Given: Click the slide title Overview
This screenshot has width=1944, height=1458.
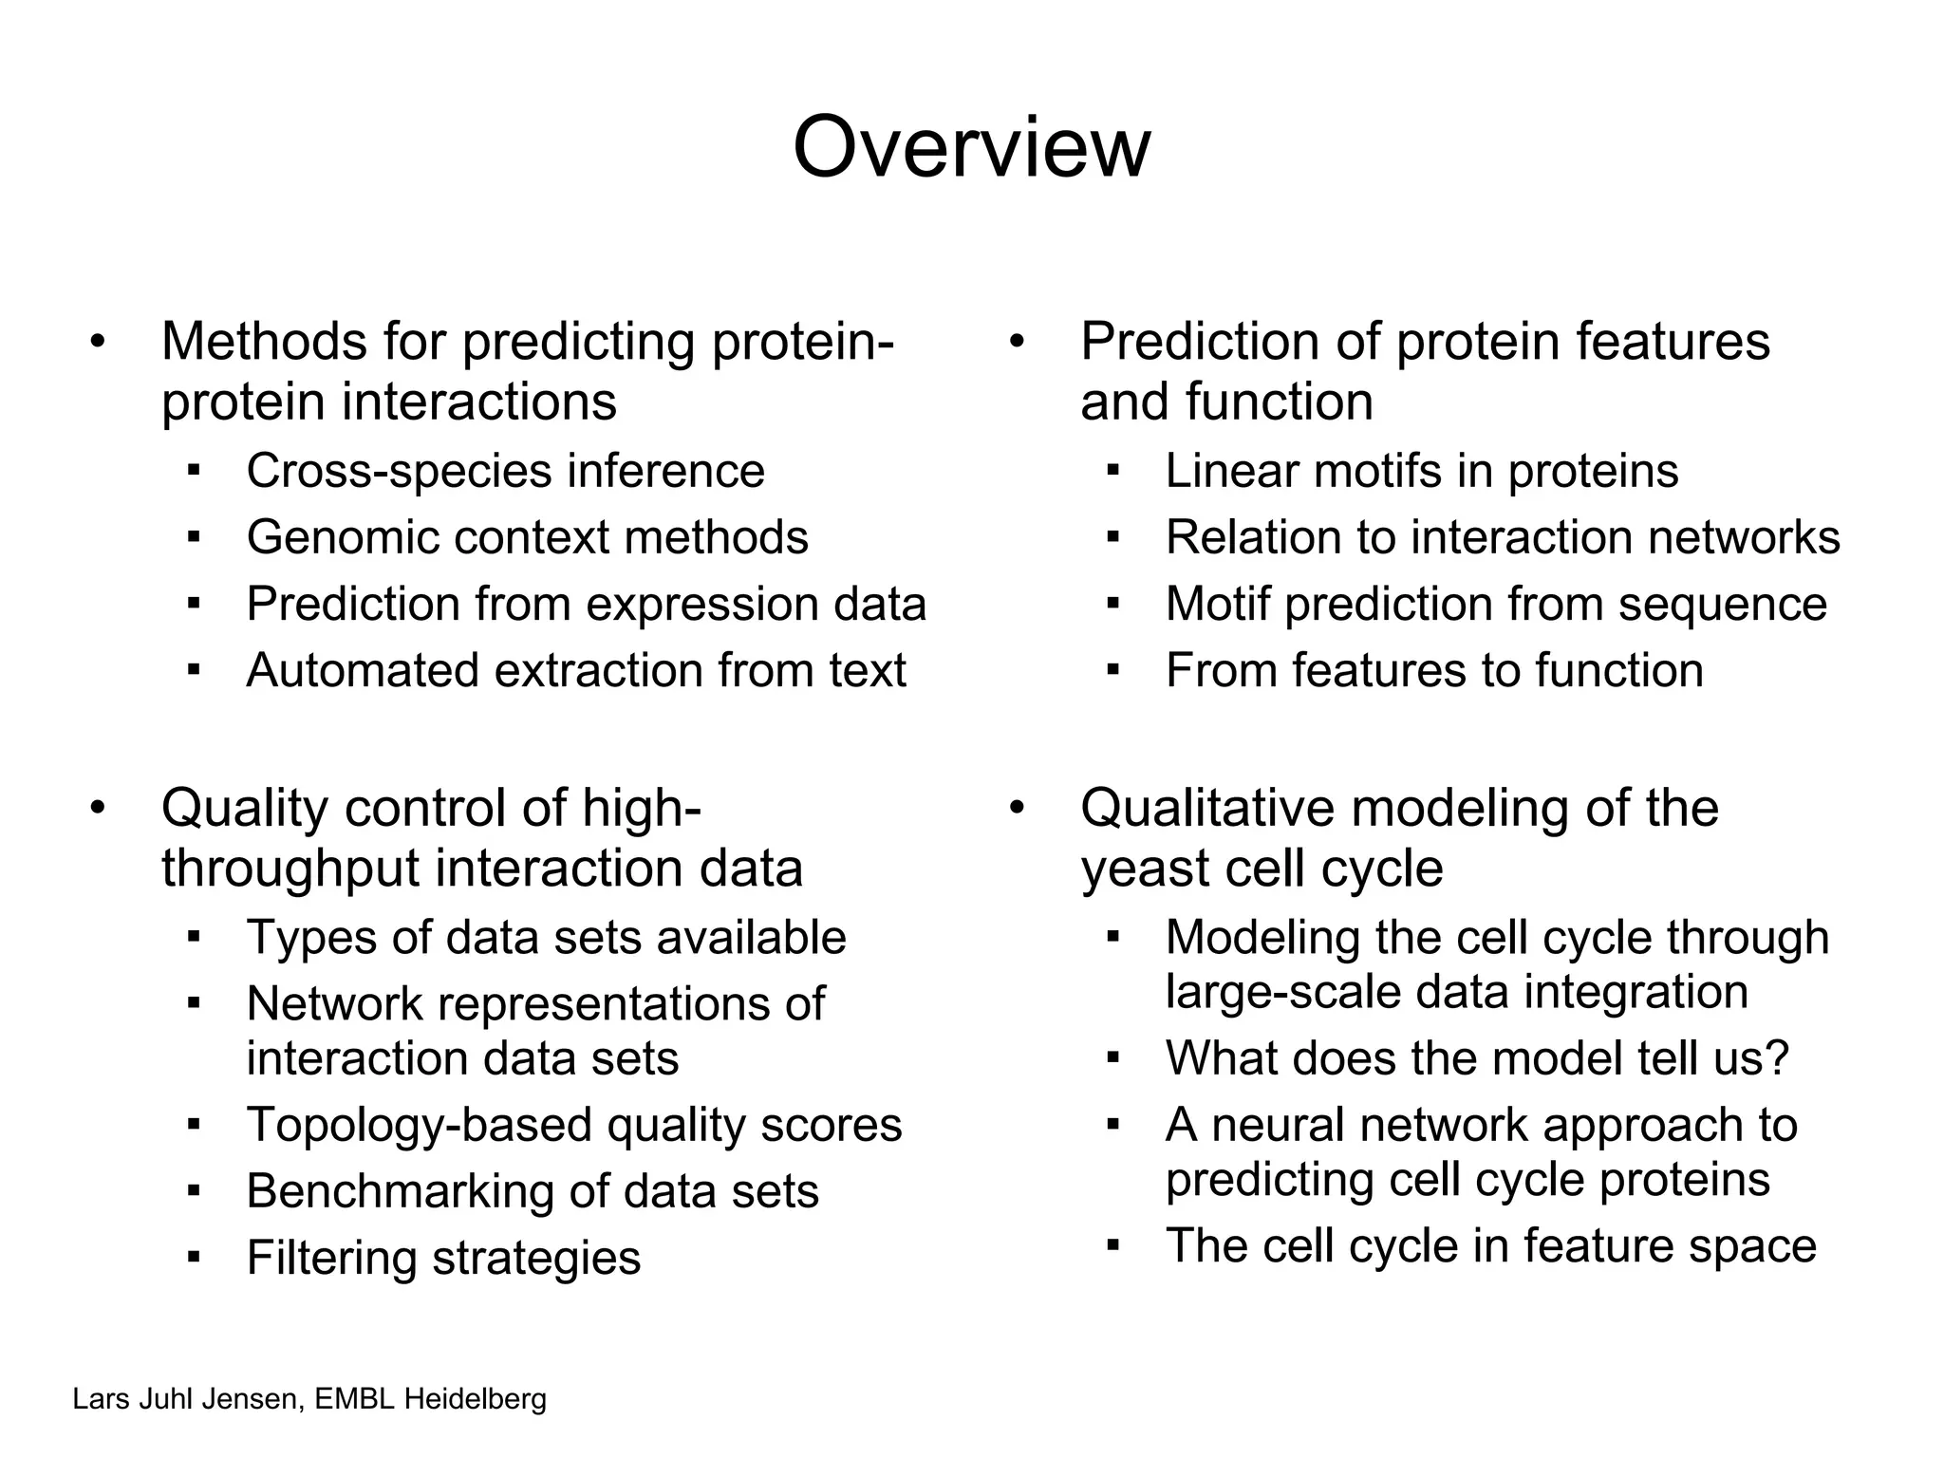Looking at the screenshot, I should [x=971, y=147].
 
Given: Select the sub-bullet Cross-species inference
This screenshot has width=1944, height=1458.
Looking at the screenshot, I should [x=505, y=471].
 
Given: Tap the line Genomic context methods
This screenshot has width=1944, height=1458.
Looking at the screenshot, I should [x=527, y=537].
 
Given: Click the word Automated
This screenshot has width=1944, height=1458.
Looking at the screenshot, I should [x=362, y=670].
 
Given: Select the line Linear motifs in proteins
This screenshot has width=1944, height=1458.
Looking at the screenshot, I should [x=1421, y=471].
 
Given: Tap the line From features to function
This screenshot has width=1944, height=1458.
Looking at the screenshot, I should [x=1433, y=670].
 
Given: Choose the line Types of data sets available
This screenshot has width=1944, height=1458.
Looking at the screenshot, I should [x=546, y=938].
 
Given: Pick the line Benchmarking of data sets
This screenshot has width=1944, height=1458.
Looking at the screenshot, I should [x=532, y=1191].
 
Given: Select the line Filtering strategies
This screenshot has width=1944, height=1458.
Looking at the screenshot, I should [x=443, y=1258].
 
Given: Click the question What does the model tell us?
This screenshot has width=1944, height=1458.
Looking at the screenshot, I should [x=1477, y=1057].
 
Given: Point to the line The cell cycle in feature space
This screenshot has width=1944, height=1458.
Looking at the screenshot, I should [x=1490, y=1245].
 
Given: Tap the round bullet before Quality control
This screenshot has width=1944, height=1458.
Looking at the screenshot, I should [x=97, y=809].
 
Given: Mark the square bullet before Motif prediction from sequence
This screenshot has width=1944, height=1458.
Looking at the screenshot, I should [x=1112, y=603].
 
